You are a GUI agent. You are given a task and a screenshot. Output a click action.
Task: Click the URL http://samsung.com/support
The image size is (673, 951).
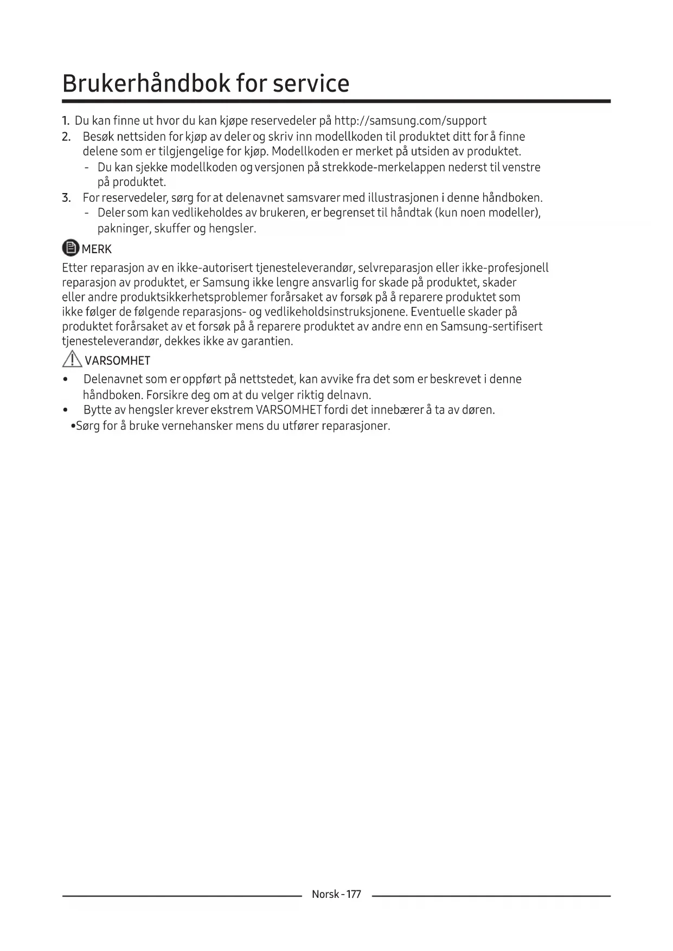(x=410, y=120)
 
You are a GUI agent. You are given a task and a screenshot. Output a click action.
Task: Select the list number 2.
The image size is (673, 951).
(x=66, y=137)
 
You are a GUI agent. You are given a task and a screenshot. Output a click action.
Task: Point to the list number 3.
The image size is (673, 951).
(x=66, y=197)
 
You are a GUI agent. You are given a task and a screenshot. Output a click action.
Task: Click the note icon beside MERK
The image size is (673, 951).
(x=70, y=248)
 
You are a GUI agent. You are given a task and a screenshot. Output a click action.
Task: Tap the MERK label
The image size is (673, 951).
(x=97, y=249)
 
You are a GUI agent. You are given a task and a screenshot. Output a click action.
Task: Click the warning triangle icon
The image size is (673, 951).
(x=71, y=359)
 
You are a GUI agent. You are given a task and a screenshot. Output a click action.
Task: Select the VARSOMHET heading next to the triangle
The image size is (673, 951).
(x=118, y=361)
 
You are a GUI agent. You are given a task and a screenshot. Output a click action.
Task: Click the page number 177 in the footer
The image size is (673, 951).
(x=353, y=894)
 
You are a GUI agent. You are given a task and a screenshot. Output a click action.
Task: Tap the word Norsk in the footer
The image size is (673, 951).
(x=325, y=894)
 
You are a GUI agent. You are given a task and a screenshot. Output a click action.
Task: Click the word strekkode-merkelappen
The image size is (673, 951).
(x=383, y=167)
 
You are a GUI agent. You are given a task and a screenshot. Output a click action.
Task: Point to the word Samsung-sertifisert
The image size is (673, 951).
(x=491, y=326)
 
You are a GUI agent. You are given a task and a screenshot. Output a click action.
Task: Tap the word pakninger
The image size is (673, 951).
(x=124, y=228)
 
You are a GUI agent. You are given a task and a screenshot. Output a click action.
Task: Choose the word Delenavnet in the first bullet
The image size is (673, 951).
(x=113, y=379)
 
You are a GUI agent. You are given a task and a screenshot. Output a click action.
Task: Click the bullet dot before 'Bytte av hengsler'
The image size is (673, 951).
(x=66, y=410)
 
